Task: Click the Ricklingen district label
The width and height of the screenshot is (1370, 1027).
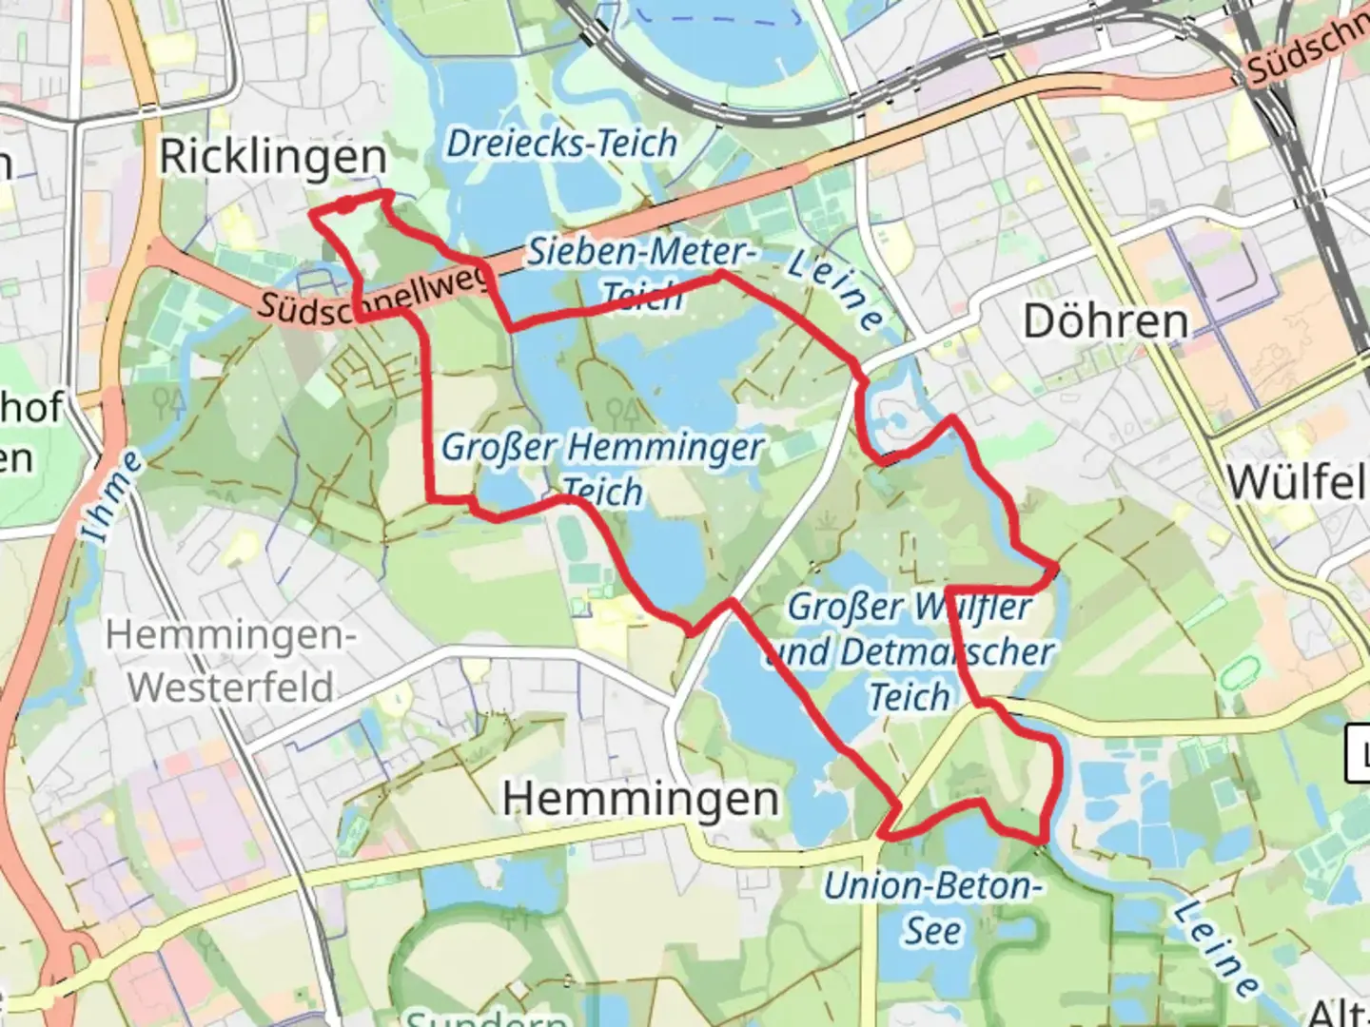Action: click(x=272, y=157)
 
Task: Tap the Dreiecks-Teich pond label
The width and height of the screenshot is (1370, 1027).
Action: click(x=561, y=144)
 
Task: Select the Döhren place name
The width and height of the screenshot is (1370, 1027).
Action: click(x=1106, y=321)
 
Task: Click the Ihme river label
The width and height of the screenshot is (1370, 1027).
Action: click(x=112, y=497)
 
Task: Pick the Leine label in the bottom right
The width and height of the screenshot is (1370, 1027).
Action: click(x=1217, y=948)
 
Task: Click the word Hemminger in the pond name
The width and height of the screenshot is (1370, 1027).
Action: click(x=667, y=447)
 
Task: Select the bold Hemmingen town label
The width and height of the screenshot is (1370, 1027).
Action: click(x=640, y=799)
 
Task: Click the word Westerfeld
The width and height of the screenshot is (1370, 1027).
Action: click(x=231, y=687)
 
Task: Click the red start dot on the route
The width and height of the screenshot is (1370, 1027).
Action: click(x=347, y=204)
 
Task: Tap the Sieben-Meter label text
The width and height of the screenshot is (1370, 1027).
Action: click(x=640, y=252)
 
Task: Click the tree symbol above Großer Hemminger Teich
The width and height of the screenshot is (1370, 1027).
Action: click(x=622, y=412)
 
